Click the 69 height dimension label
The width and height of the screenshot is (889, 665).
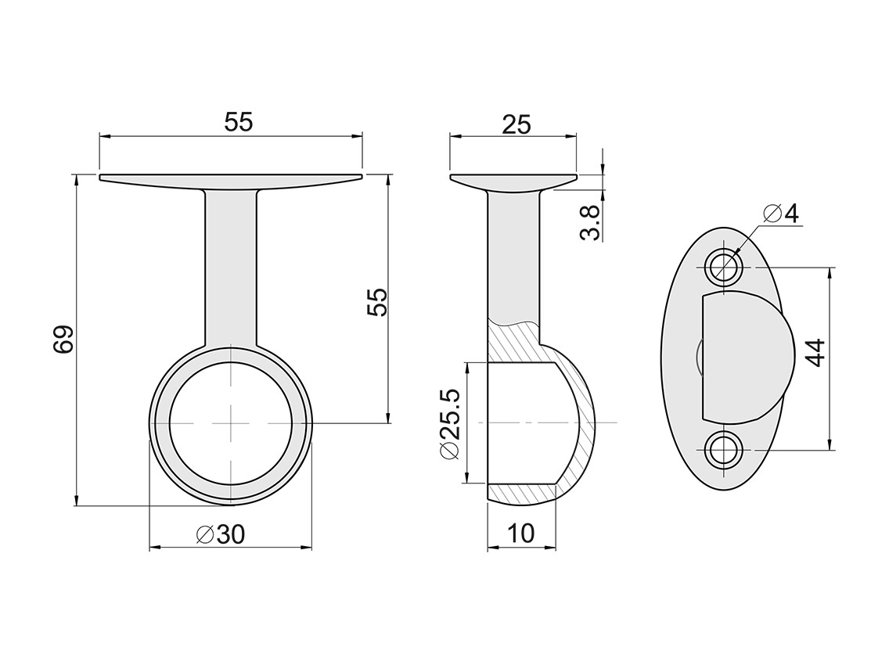tap(63, 340)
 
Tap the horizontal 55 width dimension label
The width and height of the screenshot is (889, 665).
tap(238, 122)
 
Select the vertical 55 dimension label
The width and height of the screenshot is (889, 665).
tap(376, 302)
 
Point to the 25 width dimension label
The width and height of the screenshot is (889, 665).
tap(516, 124)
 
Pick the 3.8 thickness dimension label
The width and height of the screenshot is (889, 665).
tap(590, 224)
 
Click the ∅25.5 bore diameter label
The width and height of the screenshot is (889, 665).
tap(450, 423)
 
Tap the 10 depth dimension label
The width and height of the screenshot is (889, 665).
tap(521, 534)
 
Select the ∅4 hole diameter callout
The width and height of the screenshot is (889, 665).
tap(781, 214)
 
